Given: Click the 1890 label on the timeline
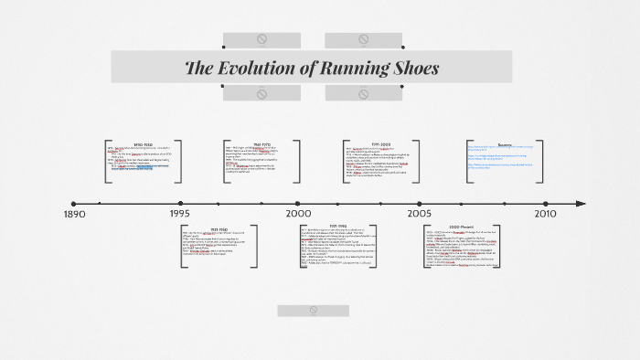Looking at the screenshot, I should [74, 214].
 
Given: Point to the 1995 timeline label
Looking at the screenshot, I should [180, 214].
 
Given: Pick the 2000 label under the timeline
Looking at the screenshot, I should [298, 214].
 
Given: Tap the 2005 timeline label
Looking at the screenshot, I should [421, 214].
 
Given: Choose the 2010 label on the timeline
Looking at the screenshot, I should [545, 214].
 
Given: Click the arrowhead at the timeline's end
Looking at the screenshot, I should [581, 204].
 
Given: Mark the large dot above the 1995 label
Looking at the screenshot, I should [180, 204].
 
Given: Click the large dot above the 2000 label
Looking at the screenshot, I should [298, 204].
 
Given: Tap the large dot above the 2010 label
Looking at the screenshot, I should [546, 204].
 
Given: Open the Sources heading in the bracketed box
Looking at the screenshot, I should [505, 144].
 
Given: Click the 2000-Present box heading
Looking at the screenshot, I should [460, 227].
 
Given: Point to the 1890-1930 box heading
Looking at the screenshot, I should [144, 143].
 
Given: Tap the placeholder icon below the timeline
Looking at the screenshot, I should [313, 311].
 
